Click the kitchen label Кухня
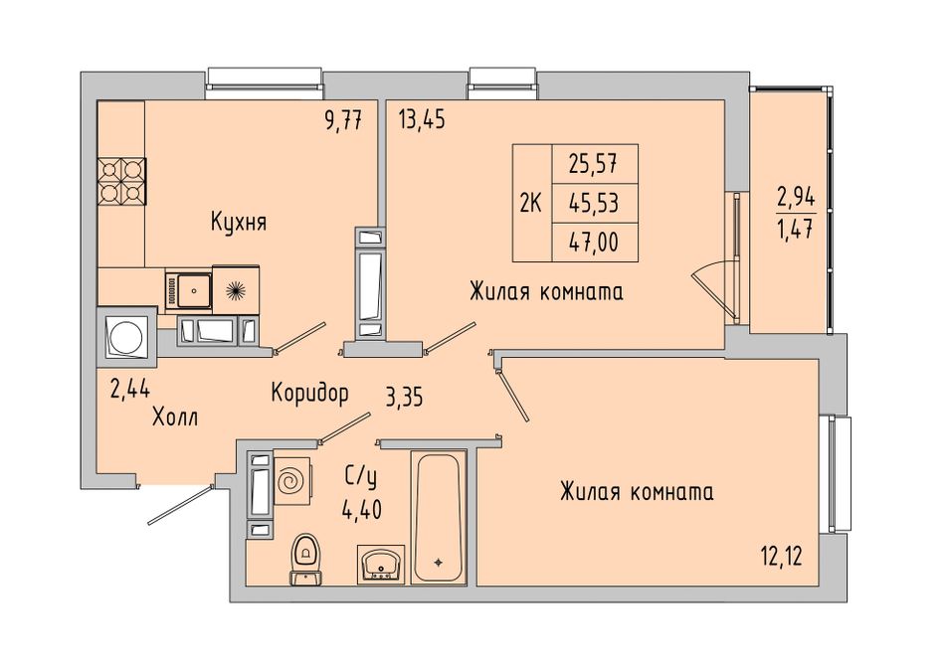coord(239,223)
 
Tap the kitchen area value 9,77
coord(343,120)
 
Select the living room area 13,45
coord(422,120)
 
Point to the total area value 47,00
coord(594,243)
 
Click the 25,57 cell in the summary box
coord(594,163)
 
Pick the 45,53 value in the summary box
coord(594,203)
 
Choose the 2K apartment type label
coord(531,204)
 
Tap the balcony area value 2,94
coord(796,197)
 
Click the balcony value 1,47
coord(796,229)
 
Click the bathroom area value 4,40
coord(362,511)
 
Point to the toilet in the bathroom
coord(306,559)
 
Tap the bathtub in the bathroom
coord(438,518)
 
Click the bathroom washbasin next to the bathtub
coord(380,564)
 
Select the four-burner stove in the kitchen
coord(121,181)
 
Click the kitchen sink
coord(189,291)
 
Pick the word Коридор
coord(309,394)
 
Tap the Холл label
coord(175,417)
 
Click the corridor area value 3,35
coord(405,399)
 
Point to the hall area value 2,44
coord(129,391)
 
